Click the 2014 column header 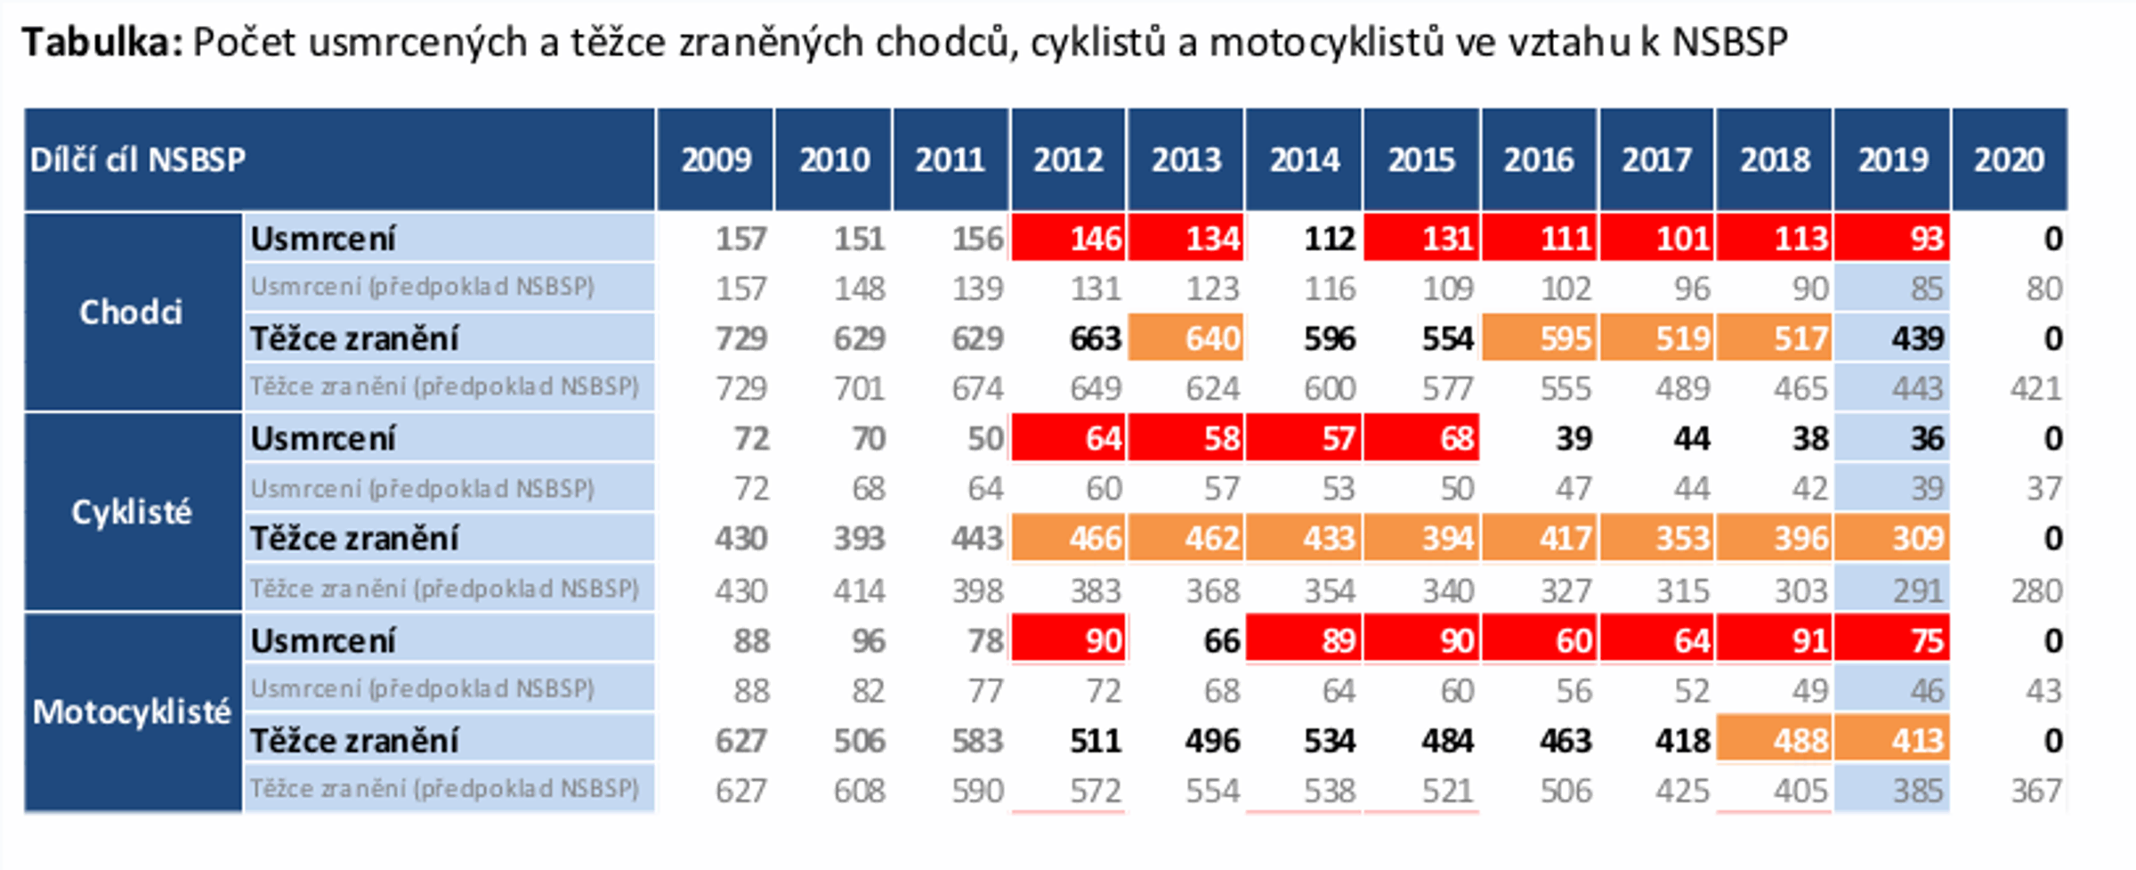click(1304, 159)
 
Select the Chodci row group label click(131, 312)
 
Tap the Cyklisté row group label click(131, 512)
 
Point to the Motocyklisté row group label click(132, 711)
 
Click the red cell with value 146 click(1069, 239)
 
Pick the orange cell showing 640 click(1186, 338)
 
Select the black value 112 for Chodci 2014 click(1329, 239)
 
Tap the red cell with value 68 click(1422, 438)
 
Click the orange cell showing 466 click(1069, 539)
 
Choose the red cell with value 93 click(1893, 239)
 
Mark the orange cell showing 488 click(1775, 740)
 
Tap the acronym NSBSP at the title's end click(1729, 42)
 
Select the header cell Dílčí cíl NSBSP click(138, 159)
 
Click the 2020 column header click(2009, 159)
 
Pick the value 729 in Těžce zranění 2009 click(740, 338)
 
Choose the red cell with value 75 click(1893, 640)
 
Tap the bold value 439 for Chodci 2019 click(1917, 338)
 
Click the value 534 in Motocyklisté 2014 click(1329, 740)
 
